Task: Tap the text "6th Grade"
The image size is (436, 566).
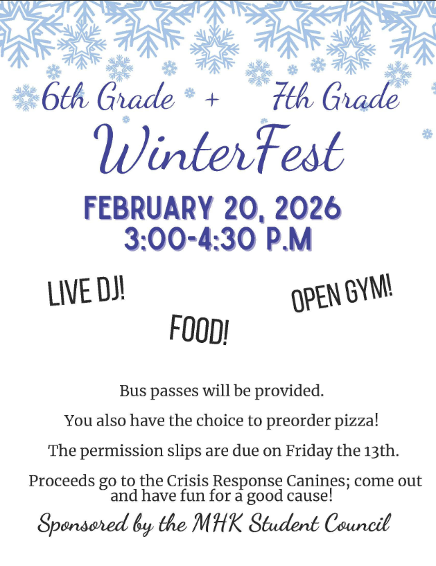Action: (107, 99)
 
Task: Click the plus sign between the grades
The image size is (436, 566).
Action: (212, 101)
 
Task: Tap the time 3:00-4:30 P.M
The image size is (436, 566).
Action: (218, 239)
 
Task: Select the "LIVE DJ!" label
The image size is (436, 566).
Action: (86, 292)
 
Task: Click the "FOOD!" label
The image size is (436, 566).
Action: (199, 330)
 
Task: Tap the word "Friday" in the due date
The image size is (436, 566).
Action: (309, 451)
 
